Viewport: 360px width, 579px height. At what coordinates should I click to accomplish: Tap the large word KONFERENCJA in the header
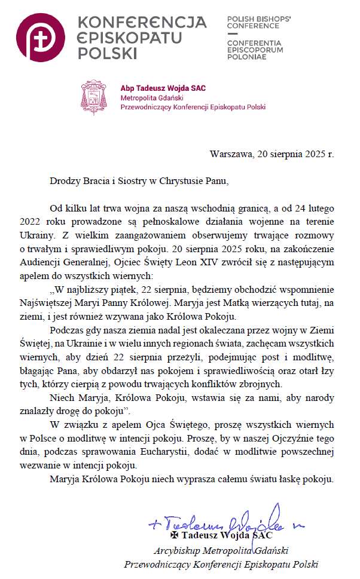pyautogui.click(x=142, y=23)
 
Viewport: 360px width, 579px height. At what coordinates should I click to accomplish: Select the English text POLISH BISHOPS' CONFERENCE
pyautogui.click(x=259, y=23)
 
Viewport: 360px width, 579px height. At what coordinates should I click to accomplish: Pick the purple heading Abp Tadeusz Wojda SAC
pyautogui.click(x=163, y=88)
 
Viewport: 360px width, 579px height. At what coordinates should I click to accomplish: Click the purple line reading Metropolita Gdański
pyautogui.click(x=151, y=98)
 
